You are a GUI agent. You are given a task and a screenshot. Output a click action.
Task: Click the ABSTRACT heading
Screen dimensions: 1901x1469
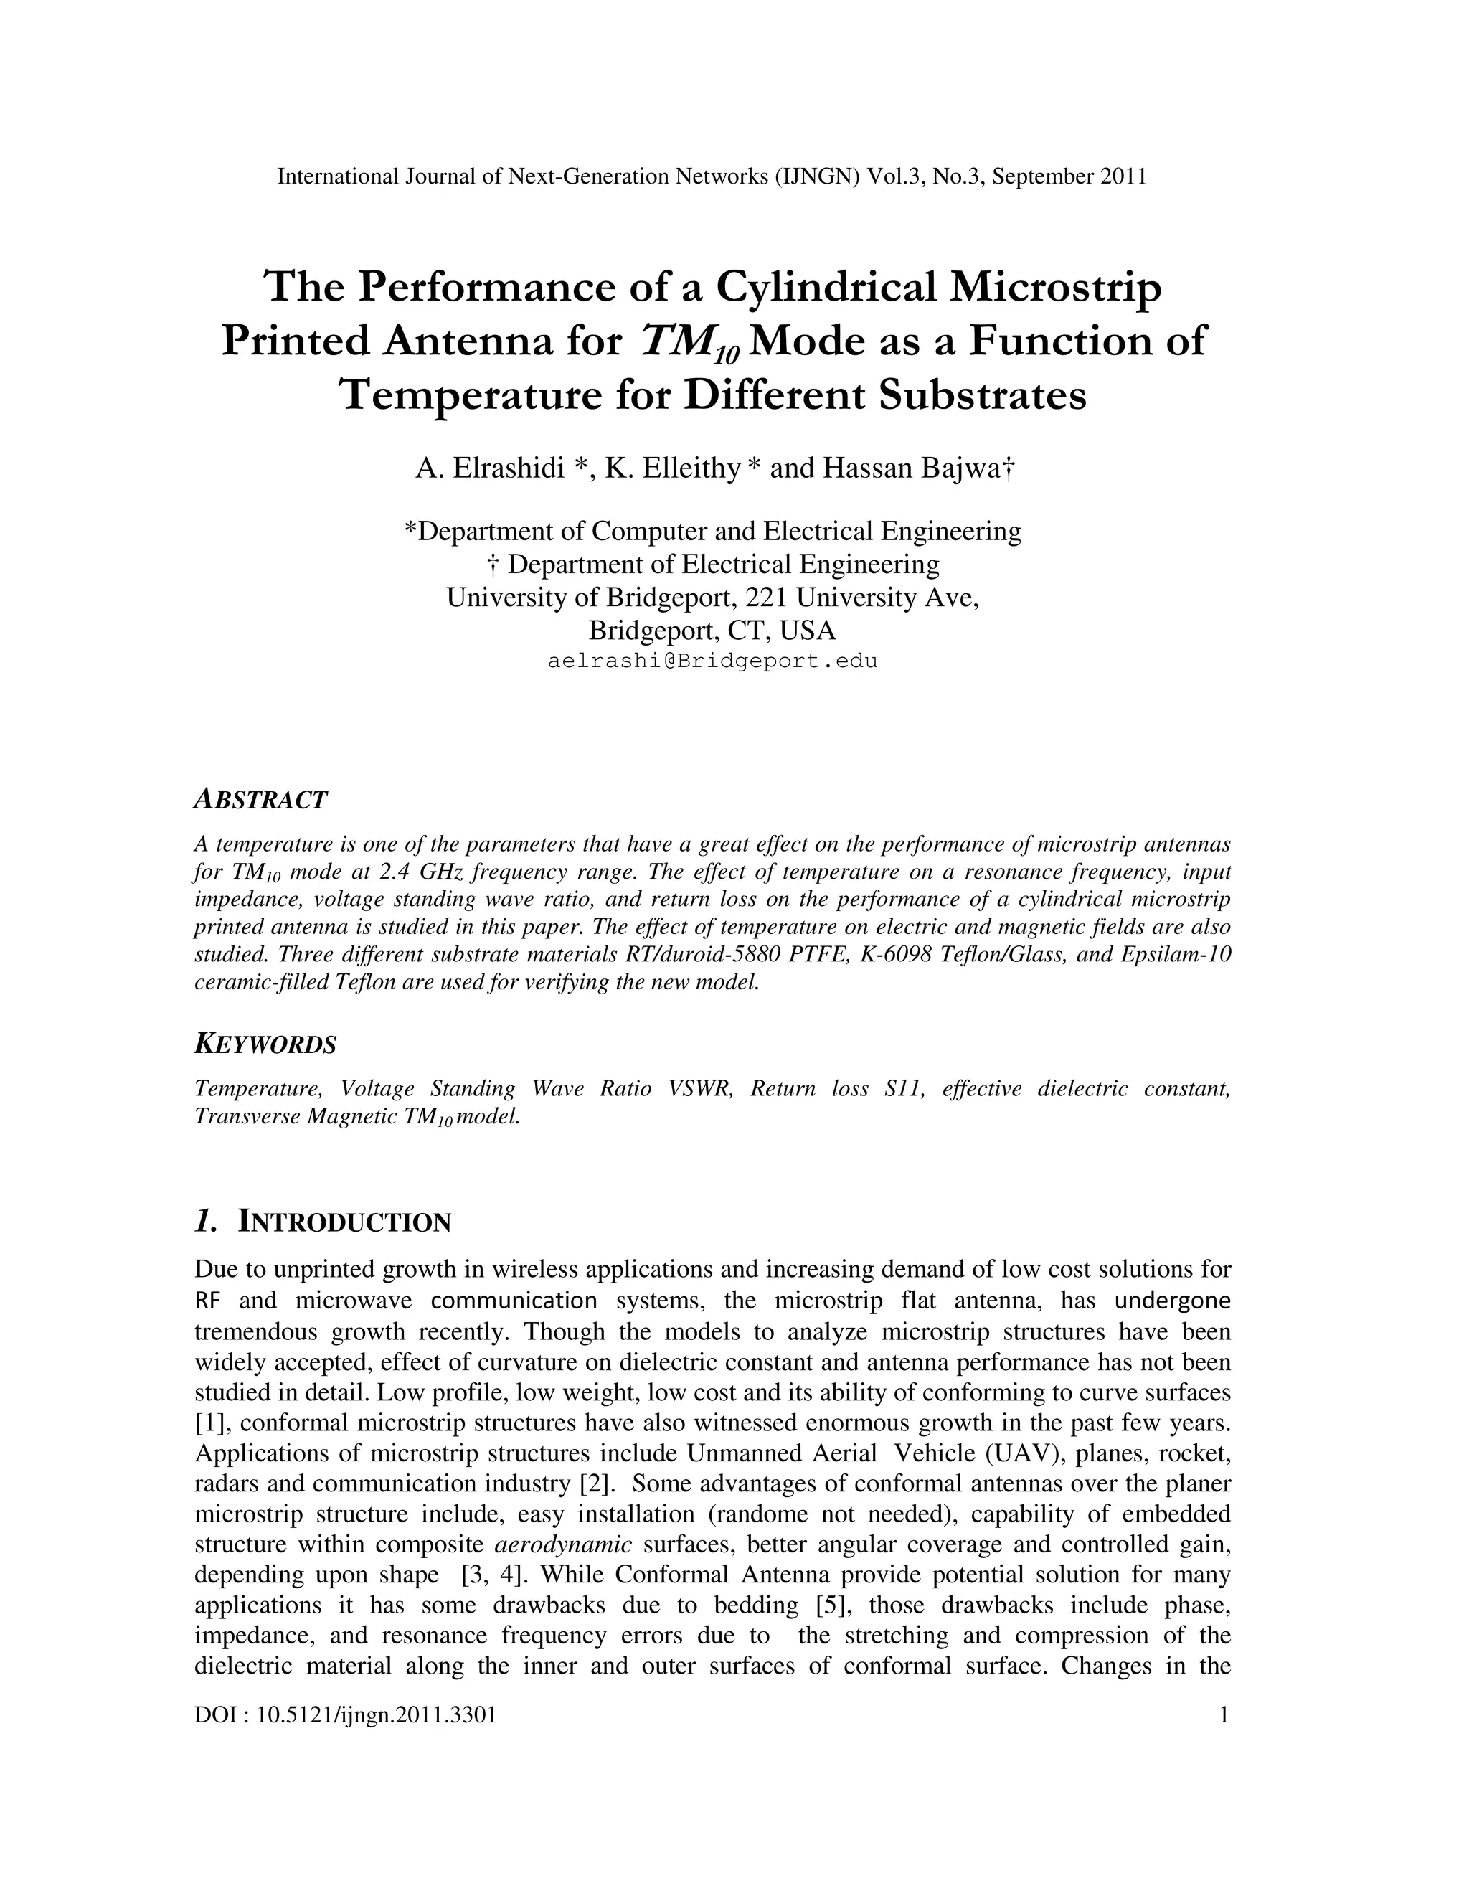pos(260,799)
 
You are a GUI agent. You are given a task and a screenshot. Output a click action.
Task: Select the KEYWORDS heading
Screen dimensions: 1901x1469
pos(265,1044)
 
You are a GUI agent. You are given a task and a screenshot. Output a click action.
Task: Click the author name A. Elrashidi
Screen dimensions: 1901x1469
pos(491,468)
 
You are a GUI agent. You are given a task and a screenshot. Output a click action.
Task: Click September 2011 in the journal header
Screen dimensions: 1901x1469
pos(1069,176)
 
